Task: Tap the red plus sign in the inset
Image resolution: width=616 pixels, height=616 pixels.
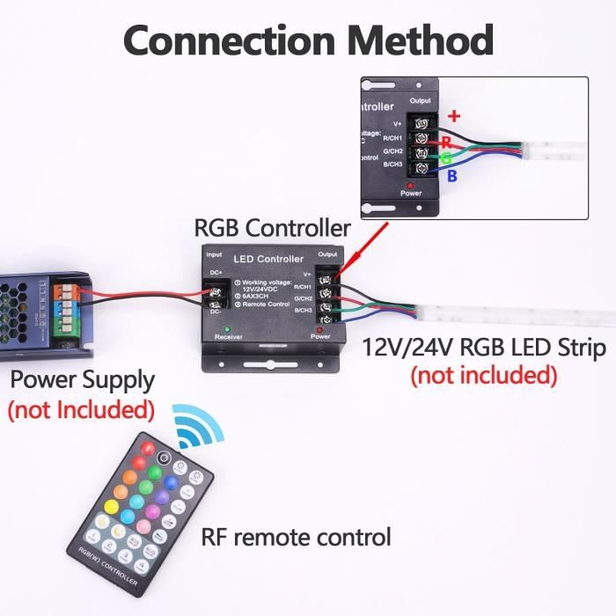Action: (455, 115)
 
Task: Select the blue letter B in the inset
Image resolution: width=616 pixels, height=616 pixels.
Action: (453, 176)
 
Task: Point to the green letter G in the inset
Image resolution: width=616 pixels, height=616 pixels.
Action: (447, 158)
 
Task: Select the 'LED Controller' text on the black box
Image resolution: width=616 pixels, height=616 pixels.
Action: (268, 259)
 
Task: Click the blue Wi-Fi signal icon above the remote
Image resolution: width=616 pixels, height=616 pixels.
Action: (198, 426)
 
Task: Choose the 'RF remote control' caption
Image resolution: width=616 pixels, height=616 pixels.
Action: (296, 536)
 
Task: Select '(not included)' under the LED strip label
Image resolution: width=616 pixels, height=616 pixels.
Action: (484, 376)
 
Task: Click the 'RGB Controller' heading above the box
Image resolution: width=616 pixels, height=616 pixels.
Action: (272, 228)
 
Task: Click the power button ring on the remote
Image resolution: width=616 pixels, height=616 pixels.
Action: (165, 458)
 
